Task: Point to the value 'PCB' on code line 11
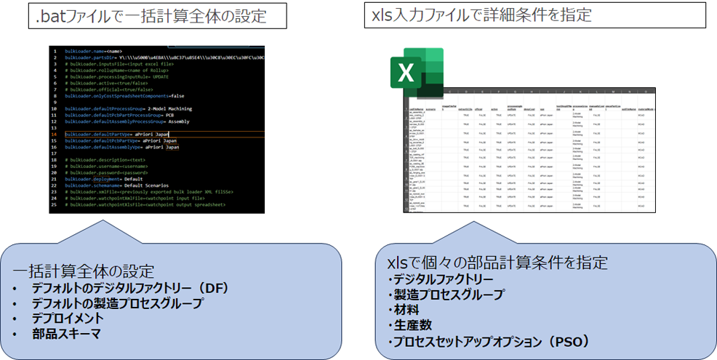169,115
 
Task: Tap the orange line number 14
54,135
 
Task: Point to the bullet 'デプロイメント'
68,318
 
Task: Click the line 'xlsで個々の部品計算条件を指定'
497,263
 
